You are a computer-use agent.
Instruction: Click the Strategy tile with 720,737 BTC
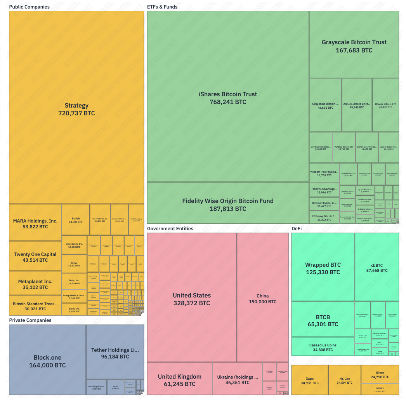[x=76, y=109]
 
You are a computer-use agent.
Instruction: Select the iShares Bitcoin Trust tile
[x=228, y=98]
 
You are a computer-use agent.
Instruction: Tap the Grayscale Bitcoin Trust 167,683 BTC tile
[x=354, y=46]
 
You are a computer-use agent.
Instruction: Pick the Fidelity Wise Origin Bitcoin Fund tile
[x=228, y=204]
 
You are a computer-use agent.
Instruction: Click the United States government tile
[x=192, y=299]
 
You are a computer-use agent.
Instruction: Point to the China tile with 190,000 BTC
[x=263, y=298]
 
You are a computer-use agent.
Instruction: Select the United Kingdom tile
[x=179, y=380]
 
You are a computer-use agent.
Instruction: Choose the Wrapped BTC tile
[x=323, y=268]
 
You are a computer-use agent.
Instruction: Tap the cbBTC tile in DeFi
[x=377, y=268]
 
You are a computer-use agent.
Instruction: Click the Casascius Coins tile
[x=323, y=347]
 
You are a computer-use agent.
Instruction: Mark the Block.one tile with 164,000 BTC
[x=47, y=361]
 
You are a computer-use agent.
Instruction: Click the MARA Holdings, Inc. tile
[x=35, y=223]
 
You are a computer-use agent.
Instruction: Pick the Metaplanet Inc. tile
[x=35, y=284]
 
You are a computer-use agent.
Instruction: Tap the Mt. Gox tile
[x=345, y=380]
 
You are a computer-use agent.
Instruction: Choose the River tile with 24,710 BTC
[x=380, y=374]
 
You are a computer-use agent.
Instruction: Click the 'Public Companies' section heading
[x=29, y=7]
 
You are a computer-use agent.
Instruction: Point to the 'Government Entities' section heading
[x=170, y=229]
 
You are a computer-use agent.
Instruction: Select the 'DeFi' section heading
[x=297, y=229]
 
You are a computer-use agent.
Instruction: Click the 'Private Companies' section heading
[x=30, y=320]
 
